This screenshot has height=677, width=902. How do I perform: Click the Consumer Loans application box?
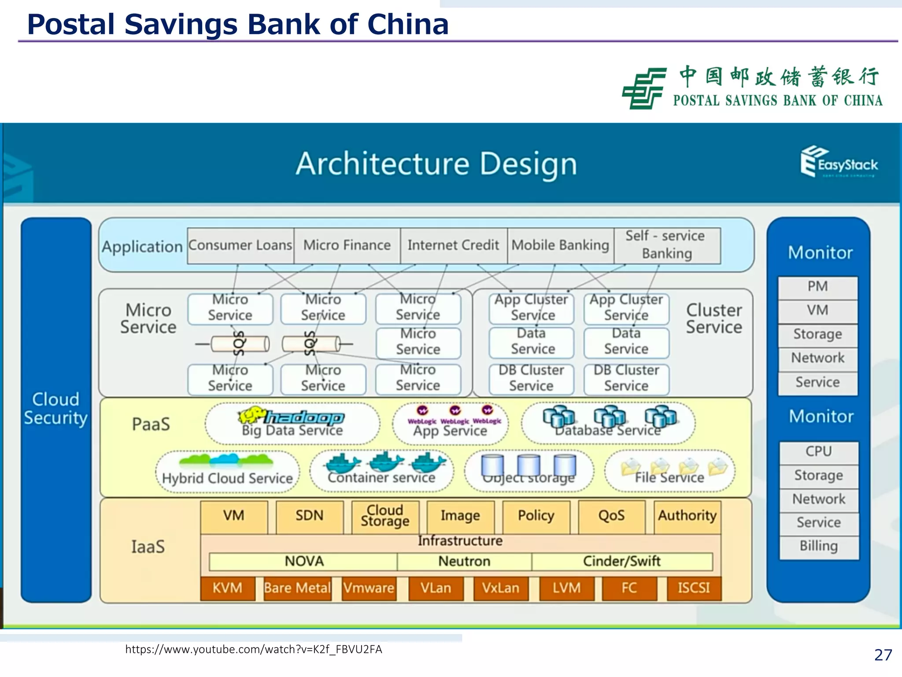pyautogui.click(x=240, y=246)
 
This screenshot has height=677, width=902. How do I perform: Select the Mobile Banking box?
pyautogui.click(x=560, y=246)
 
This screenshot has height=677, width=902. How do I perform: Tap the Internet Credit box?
pyautogui.click(x=453, y=246)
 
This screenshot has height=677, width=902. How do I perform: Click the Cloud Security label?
pyautogui.click(x=55, y=409)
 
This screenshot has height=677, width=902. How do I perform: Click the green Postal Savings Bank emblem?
pyautogui.click(x=643, y=88)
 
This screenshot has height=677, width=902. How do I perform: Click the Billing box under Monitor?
pyautogui.click(x=819, y=546)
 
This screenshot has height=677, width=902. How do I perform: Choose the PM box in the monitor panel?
pyautogui.click(x=817, y=287)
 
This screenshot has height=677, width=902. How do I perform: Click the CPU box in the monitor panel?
pyautogui.click(x=819, y=452)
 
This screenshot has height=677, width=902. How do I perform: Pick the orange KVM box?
pyautogui.click(x=227, y=588)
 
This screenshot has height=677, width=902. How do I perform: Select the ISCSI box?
pyautogui.click(x=694, y=588)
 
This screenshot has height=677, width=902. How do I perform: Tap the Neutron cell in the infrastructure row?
pyautogui.click(x=464, y=562)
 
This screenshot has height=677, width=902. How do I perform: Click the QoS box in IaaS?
pyautogui.click(x=611, y=516)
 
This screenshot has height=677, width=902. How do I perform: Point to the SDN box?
pyautogui.click(x=309, y=516)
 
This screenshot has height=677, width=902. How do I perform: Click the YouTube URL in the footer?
pyautogui.click(x=254, y=649)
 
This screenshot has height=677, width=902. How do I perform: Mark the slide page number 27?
pyautogui.click(x=883, y=655)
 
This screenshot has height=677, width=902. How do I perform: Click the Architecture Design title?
pyautogui.click(x=436, y=164)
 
